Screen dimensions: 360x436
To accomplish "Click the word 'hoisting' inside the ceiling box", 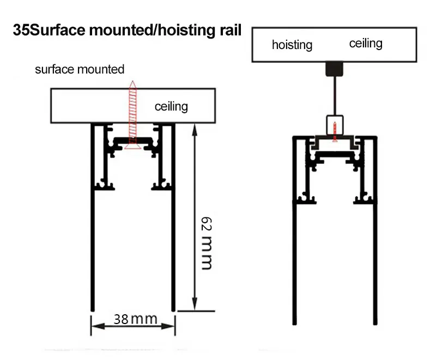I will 292,45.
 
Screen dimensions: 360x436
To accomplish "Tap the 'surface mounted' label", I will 80,69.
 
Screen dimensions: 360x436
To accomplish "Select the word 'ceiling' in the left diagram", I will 171,106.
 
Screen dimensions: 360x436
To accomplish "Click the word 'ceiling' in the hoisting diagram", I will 366,43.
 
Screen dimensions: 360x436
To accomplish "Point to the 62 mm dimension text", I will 205,243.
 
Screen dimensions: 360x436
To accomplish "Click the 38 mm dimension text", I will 136,319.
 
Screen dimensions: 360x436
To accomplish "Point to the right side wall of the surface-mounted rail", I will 173,229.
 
